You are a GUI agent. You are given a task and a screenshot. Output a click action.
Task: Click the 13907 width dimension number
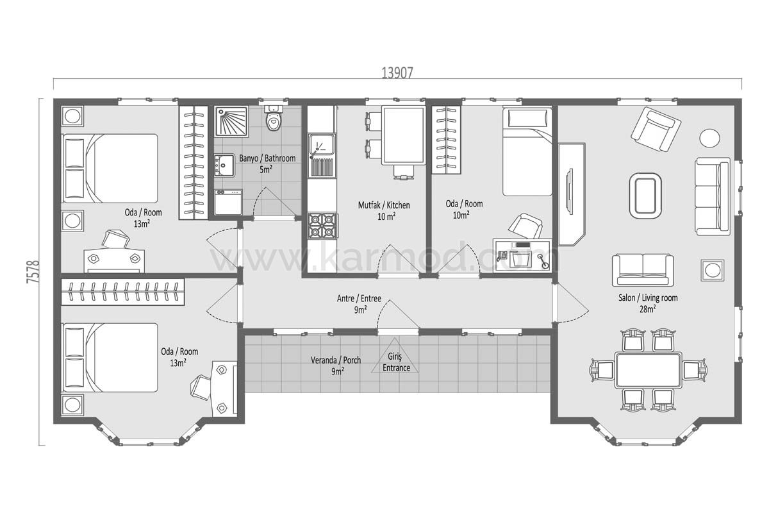[x=397, y=73]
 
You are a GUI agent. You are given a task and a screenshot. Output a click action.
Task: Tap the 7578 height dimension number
[x=33, y=272]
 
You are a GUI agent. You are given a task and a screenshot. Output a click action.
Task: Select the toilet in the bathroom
[x=274, y=118]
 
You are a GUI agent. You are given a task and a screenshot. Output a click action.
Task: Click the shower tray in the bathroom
[x=231, y=121]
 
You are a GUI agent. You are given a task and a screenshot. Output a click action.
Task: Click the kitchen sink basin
[x=322, y=145]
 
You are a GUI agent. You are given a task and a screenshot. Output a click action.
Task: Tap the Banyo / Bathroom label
[x=267, y=158]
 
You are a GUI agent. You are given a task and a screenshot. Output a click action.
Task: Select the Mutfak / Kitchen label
[x=384, y=205]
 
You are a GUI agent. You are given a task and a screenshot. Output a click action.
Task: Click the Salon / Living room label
[x=648, y=298]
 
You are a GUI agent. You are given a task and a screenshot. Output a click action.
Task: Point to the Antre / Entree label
[x=359, y=298]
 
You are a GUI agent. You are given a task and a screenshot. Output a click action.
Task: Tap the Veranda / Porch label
[x=336, y=360]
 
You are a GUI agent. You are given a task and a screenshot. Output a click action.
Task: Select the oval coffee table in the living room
[x=645, y=196]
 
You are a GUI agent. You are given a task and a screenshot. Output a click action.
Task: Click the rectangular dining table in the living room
[x=648, y=371]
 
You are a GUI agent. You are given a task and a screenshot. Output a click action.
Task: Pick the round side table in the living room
[x=709, y=138]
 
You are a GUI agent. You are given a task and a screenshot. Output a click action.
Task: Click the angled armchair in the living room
[x=656, y=129]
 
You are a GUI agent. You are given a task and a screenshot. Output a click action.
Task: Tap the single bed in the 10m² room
[x=527, y=151]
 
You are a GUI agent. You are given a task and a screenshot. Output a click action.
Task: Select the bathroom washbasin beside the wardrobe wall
[x=225, y=165]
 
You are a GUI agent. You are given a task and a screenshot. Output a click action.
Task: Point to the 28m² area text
[x=647, y=309]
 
